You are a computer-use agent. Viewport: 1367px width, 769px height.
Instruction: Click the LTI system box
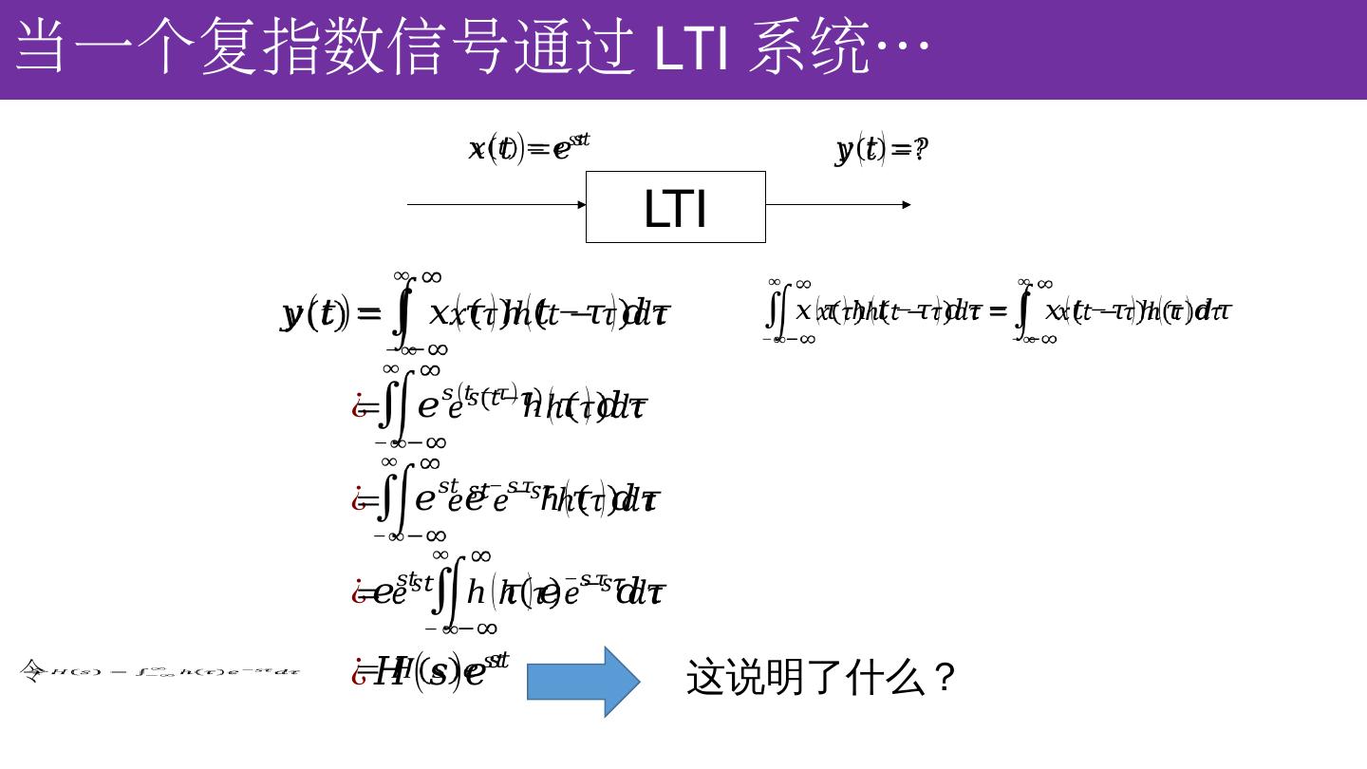(x=675, y=207)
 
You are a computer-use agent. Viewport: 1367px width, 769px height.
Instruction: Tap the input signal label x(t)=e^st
(x=529, y=147)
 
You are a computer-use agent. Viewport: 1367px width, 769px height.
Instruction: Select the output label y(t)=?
(x=882, y=149)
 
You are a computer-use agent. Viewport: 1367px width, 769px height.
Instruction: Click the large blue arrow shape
(x=583, y=682)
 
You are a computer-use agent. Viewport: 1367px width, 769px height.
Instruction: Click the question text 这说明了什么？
(x=820, y=678)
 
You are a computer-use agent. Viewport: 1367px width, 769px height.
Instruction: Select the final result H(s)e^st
(x=441, y=669)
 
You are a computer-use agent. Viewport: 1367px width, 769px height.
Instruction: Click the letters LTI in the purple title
(x=692, y=47)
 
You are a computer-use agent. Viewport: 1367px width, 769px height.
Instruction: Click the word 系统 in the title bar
(x=808, y=47)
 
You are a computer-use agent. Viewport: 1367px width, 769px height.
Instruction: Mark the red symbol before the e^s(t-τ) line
(x=360, y=406)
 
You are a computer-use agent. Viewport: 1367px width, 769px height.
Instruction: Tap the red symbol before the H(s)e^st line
(x=360, y=671)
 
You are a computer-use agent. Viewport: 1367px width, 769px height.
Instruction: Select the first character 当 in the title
(x=44, y=47)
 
